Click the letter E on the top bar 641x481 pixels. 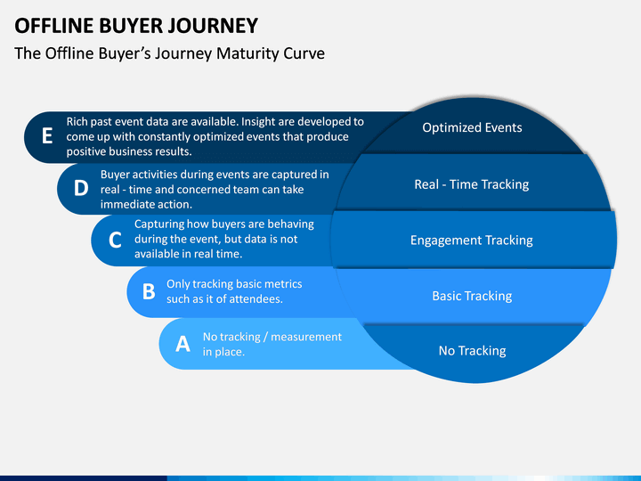pos(47,135)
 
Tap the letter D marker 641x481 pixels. pos(81,188)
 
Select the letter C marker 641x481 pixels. pos(115,240)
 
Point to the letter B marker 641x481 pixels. pos(149,291)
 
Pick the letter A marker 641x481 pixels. pos(183,344)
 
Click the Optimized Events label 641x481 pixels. pos(472,127)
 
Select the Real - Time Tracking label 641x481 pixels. pos(472,184)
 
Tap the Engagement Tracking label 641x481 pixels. pos(472,240)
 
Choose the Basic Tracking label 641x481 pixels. pos(472,296)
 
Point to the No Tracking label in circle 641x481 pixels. pos(472,351)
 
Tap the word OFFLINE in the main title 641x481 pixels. pos(54,25)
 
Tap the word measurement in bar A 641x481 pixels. pos(306,337)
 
